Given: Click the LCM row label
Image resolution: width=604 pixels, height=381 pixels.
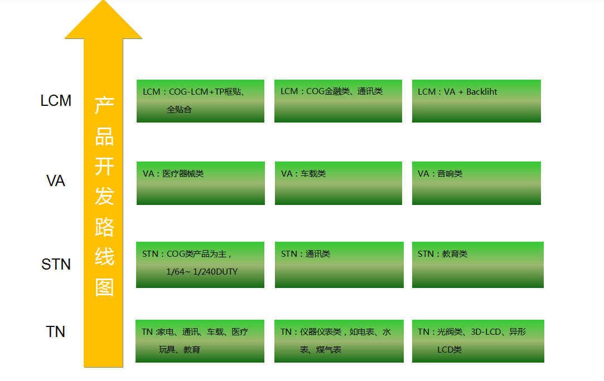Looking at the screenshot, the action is pos(56,100).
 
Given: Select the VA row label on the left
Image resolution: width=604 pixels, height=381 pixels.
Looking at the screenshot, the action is pos(55,181).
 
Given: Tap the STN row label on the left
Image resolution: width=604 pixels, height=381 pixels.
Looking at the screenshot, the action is pos(56,265).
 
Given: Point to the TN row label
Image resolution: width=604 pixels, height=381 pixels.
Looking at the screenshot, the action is pos(55,332).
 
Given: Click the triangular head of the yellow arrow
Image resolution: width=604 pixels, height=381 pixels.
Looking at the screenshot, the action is pos(104,21).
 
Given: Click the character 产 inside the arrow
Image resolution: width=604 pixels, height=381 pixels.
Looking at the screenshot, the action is pos(104,106).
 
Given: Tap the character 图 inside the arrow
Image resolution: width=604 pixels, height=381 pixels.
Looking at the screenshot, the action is pos(104,287).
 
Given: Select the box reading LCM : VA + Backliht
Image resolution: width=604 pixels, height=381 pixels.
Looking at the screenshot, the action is pos(476,101).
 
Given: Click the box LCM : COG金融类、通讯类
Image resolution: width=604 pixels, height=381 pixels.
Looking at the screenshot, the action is pos(338,101).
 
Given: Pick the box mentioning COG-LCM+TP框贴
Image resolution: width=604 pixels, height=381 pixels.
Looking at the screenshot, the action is pos(200,101).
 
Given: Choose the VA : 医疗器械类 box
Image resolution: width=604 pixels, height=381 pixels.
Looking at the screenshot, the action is pos(201,183).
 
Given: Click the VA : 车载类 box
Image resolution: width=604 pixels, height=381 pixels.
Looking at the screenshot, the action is pos(339,183).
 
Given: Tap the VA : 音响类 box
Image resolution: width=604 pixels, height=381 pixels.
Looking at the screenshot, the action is pos(476,183).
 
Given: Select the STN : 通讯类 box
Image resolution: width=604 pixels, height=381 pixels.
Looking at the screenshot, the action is pos(339,265).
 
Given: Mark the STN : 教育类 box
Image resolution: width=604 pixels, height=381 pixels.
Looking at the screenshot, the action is pos(477,265).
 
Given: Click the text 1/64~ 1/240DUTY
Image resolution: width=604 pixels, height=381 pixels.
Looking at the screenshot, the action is pos(202,272).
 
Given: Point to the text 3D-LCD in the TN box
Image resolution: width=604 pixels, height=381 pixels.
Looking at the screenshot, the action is pos(486,332).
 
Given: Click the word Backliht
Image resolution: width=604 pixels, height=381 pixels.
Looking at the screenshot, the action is pos(481,91).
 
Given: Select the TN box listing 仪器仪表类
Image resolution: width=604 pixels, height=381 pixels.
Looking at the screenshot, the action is pos(339,341).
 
